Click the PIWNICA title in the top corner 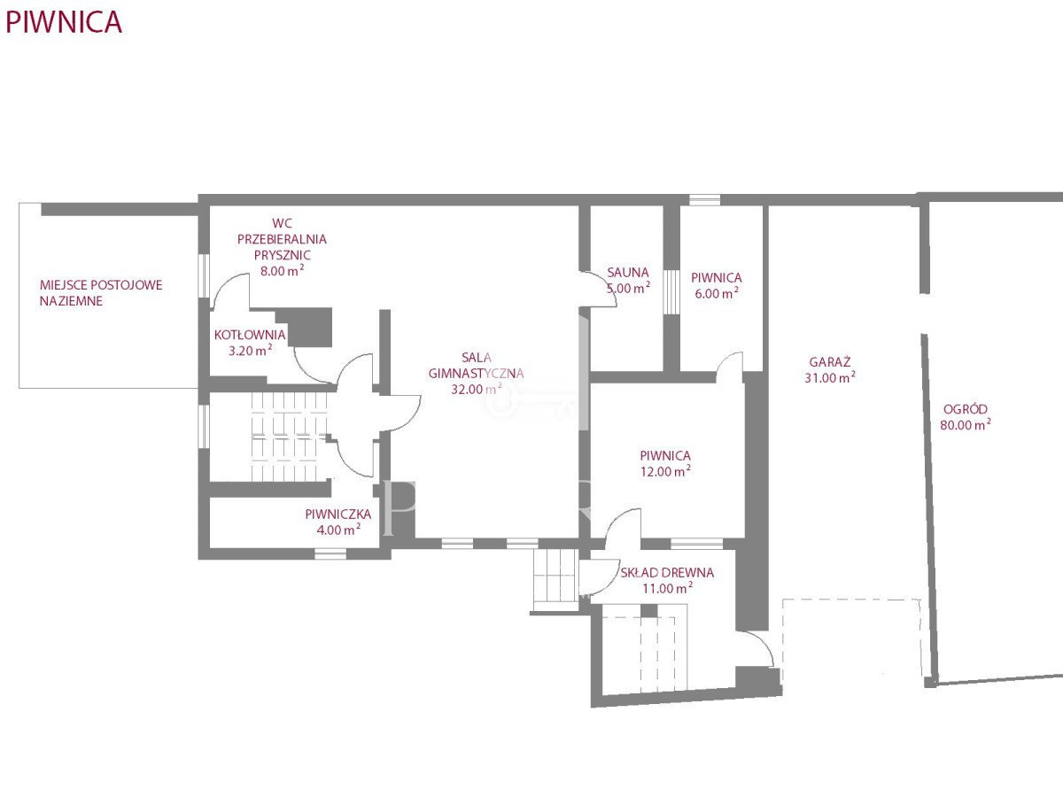(x=64, y=22)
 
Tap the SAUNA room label (x=628, y=273)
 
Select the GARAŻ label (x=829, y=361)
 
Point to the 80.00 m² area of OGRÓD (x=966, y=424)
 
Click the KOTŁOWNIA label (x=250, y=335)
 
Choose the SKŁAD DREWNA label (x=667, y=572)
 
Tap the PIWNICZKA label (x=338, y=514)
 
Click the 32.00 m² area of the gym (x=476, y=389)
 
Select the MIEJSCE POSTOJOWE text (x=101, y=285)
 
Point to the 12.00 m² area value (x=665, y=471)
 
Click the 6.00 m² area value (x=717, y=293)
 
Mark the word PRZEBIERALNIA (x=282, y=239)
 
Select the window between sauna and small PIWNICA (x=671, y=292)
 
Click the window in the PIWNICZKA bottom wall (x=330, y=553)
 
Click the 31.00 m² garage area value (x=829, y=377)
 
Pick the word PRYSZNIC (x=283, y=255)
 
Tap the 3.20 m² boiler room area (x=250, y=351)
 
